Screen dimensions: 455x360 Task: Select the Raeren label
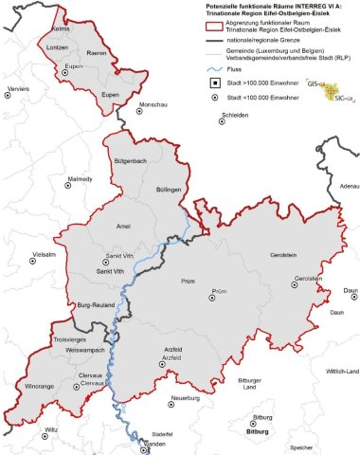[97, 55]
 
